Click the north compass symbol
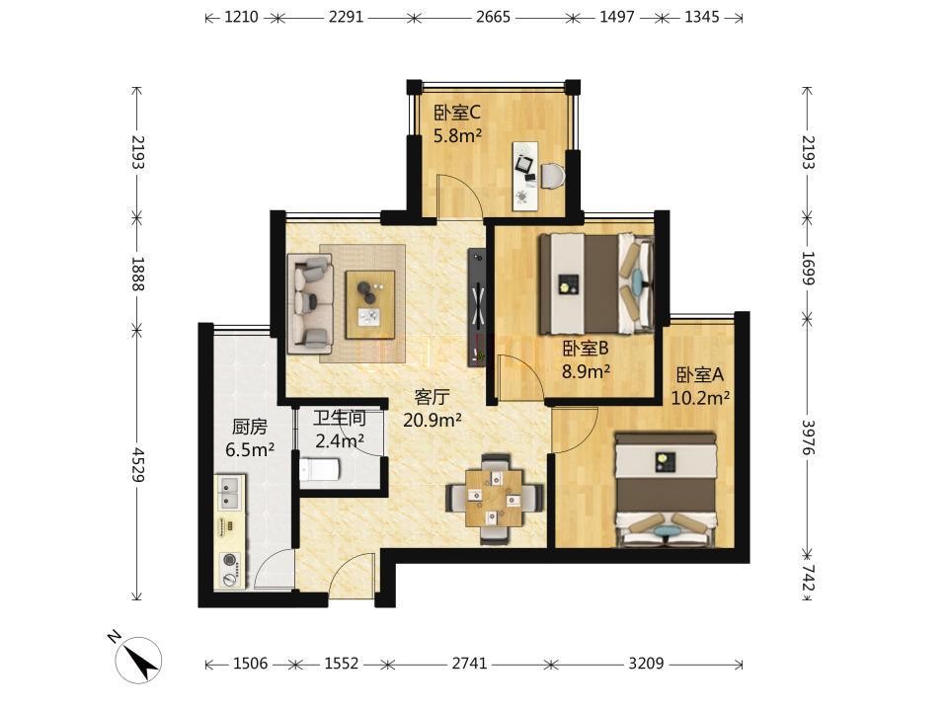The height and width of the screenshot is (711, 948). click(138, 661)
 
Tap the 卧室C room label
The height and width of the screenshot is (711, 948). click(457, 113)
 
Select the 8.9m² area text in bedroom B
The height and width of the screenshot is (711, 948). click(586, 371)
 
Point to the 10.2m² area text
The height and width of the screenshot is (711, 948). click(700, 397)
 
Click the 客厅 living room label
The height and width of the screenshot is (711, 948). click(432, 397)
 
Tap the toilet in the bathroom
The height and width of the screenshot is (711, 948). click(319, 470)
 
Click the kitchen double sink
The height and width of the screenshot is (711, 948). click(230, 493)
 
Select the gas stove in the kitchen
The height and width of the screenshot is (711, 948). click(230, 570)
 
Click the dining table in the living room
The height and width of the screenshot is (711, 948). click(494, 498)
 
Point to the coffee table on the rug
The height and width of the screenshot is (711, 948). click(370, 304)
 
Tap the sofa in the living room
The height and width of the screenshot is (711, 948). click(310, 303)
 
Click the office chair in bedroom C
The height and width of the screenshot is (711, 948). click(553, 176)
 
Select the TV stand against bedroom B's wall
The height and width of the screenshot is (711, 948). click(476, 306)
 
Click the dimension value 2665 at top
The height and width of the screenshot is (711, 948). click(493, 17)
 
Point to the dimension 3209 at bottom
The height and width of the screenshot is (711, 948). click(646, 664)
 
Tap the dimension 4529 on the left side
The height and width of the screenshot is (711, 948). click(138, 464)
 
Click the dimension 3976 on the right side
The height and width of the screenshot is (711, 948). click(809, 437)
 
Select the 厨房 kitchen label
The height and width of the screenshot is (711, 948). click(249, 427)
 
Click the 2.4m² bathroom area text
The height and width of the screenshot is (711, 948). click(339, 440)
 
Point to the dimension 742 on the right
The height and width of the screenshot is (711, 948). click(809, 578)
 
